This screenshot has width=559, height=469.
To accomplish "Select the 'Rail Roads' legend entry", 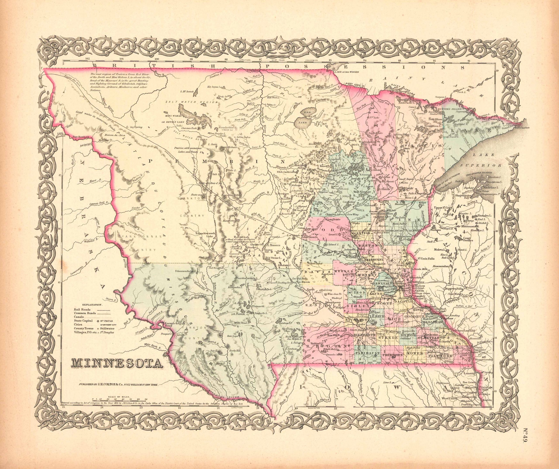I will pyautogui.click(x=82, y=310).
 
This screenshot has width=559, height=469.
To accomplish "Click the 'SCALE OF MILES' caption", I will pyautogui.click(x=119, y=404).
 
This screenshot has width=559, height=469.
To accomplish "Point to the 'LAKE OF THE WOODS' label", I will pyautogui.click(x=346, y=72).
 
